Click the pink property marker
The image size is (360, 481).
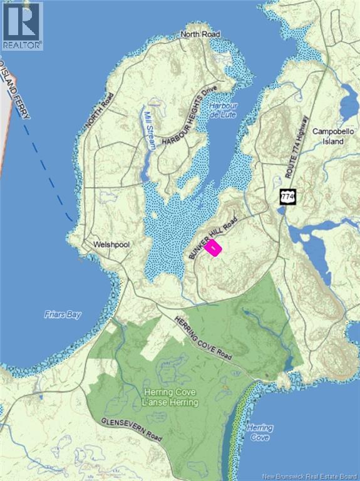point(214,248)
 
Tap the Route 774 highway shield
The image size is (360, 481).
point(287,197)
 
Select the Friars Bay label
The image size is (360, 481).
point(63,314)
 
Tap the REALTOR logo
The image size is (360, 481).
point(22,25)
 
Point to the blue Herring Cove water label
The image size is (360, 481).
point(259,432)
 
